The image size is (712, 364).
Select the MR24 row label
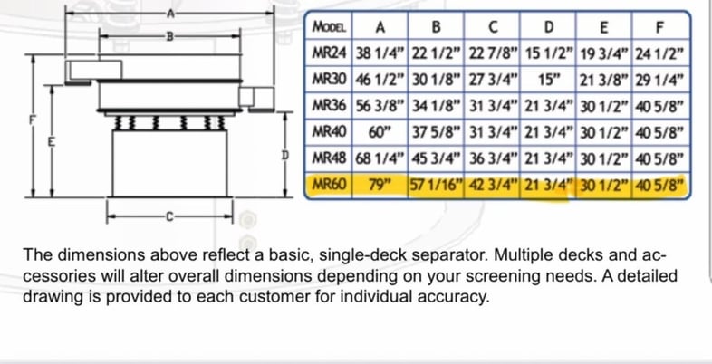tap(328, 53)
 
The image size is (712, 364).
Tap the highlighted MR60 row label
tap(328, 186)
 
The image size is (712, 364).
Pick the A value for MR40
tap(380, 132)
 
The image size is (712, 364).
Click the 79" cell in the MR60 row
tap(380, 186)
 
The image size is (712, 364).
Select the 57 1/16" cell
tap(436, 186)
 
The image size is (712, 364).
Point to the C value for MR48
tap(492, 158)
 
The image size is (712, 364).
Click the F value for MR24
tap(659, 53)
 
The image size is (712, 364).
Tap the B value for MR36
tap(436, 106)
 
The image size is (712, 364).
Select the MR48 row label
tap(328, 158)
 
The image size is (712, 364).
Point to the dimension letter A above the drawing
tap(168, 13)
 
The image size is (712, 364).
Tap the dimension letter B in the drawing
tap(168, 36)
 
